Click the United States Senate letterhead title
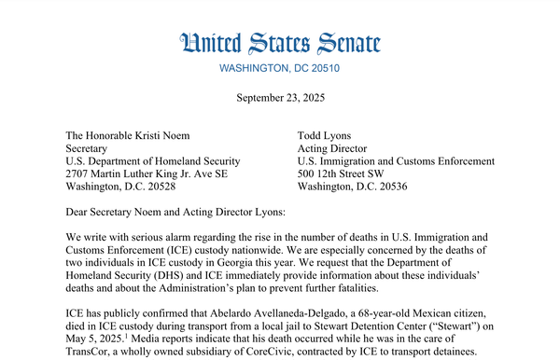point(280,43)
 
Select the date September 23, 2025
point(280,97)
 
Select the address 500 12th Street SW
point(349,173)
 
